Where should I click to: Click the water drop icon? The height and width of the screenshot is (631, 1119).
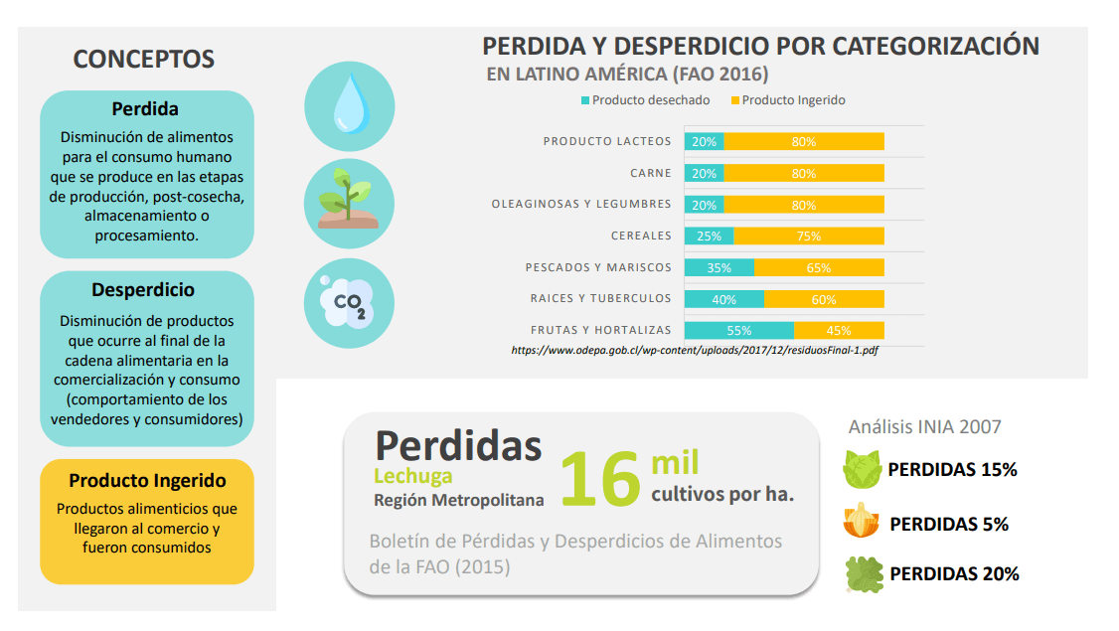tap(349, 106)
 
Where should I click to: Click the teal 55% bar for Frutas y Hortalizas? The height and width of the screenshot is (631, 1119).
tap(738, 330)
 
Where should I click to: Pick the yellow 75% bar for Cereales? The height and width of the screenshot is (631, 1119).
tap(808, 237)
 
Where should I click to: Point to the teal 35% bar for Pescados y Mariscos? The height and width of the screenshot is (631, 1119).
tap(719, 267)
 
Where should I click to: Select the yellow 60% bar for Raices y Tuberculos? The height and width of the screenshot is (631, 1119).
tap(824, 299)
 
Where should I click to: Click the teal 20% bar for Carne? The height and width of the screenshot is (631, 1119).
tap(704, 173)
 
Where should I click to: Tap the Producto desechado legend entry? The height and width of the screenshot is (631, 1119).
tap(645, 100)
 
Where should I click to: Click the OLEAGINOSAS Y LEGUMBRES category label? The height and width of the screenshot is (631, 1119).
tap(580, 205)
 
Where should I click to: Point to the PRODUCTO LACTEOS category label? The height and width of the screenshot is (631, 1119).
tap(606, 141)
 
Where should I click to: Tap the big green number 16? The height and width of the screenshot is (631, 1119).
tap(599, 478)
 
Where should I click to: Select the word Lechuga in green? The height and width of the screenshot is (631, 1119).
tap(413, 476)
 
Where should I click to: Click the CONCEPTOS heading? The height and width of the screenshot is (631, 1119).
tap(144, 60)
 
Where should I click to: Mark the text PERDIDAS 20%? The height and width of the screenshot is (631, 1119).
tap(954, 573)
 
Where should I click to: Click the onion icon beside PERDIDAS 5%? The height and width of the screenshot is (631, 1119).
tap(862, 521)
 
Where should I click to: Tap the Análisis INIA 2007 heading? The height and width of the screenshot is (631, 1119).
tap(924, 426)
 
